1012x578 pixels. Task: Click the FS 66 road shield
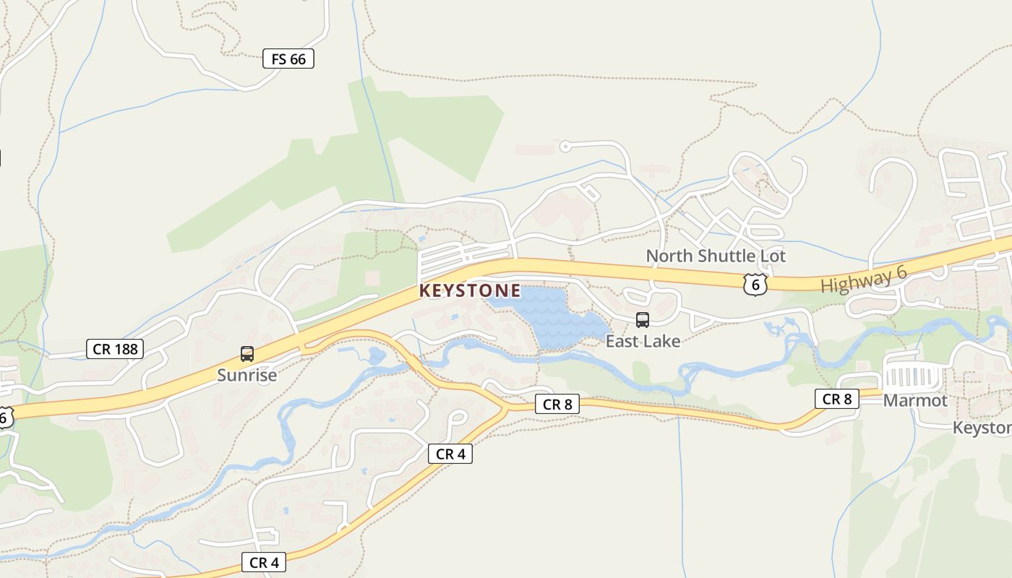(x=288, y=59)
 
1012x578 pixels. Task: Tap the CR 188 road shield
(x=114, y=350)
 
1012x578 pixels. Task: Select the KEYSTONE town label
(x=470, y=291)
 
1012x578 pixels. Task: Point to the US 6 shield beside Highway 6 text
(x=755, y=284)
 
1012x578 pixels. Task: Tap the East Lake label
(x=643, y=341)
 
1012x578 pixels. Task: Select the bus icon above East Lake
(x=642, y=319)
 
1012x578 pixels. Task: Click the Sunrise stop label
(x=247, y=376)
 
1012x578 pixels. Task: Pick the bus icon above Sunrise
(x=247, y=354)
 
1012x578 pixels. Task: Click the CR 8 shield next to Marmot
(x=837, y=399)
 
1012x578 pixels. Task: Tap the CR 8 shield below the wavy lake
(x=557, y=405)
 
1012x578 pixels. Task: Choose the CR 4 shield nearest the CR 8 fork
(x=450, y=454)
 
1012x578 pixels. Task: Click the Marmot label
(x=915, y=400)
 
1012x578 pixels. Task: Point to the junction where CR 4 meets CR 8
(x=505, y=410)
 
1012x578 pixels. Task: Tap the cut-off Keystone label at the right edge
(x=983, y=428)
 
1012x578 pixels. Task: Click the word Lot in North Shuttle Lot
(x=771, y=256)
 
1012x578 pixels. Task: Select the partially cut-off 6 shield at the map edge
(x=5, y=417)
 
